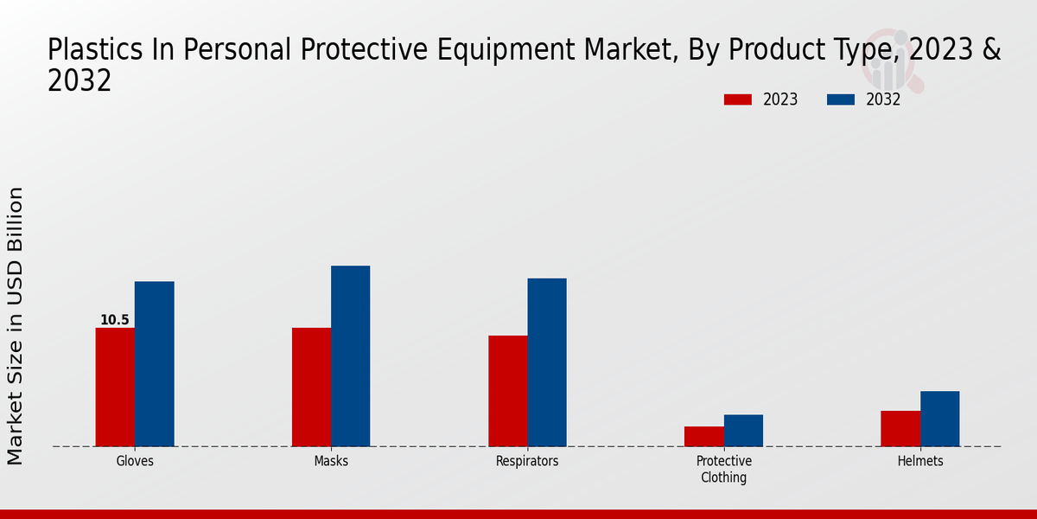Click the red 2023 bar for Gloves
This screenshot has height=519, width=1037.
click(x=115, y=387)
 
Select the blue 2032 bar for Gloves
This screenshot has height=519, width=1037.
click(x=155, y=363)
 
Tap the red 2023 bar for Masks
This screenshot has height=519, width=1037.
click(x=311, y=387)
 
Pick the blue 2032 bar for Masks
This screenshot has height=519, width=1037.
click(x=351, y=356)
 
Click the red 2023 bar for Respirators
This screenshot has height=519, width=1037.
click(x=508, y=391)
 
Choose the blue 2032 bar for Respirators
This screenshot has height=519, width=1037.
click(x=547, y=362)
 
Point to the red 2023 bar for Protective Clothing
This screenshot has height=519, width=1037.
click(x=704, y=436)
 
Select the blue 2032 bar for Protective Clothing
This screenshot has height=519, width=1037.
click(x=743, y=430)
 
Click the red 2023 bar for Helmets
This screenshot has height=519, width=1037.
click(x=900, y=428)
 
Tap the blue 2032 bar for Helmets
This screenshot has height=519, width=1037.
click(x=939, y=419)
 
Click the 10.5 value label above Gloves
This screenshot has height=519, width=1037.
click(x=115, y=320)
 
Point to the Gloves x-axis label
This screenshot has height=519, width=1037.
click(x=135, y=461)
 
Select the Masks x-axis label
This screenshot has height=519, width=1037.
click(x=331, y=461)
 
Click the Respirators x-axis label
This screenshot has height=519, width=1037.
click(x=527, y=461)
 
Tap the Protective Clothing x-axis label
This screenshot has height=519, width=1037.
click(x=724, y=469)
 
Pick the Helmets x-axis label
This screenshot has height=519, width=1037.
click(x=920, y=461)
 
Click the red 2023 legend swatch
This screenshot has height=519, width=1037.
click(x=738, y=99)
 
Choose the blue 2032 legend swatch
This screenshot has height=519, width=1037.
click(x=841, y=99)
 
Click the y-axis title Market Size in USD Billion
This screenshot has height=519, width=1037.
click(x=16, y=325)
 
